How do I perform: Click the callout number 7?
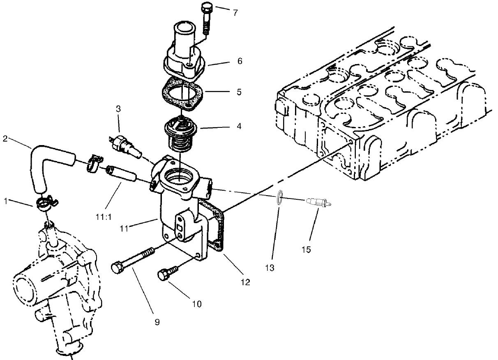click(x=235, y=13)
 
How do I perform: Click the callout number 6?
click(x=240, y=61)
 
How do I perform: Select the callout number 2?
click(x=5, y=138)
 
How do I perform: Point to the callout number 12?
click(x=245, y=283)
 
